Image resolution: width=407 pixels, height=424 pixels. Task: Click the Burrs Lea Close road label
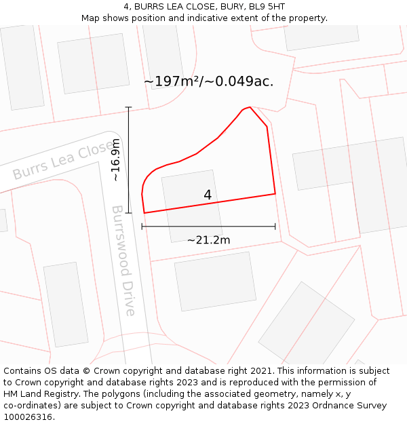(x=63, y=160)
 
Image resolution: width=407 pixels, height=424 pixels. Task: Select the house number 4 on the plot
(x=208, y=195)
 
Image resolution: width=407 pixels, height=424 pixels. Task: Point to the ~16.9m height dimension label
(x=116, y=160)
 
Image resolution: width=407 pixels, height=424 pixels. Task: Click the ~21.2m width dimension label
(x=208, y=240)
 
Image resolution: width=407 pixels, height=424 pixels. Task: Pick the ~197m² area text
(x=171, y=81)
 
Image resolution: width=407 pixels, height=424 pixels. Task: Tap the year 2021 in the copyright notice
(x=260, y=371)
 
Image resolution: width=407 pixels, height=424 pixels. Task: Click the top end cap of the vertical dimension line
(x=128, y=107)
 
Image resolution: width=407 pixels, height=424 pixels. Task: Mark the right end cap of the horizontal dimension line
(x=275, y=227)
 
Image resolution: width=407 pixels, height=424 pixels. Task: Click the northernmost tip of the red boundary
(x=250, y=107)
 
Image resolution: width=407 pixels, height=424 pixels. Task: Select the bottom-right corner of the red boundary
(x=275, y=194)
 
